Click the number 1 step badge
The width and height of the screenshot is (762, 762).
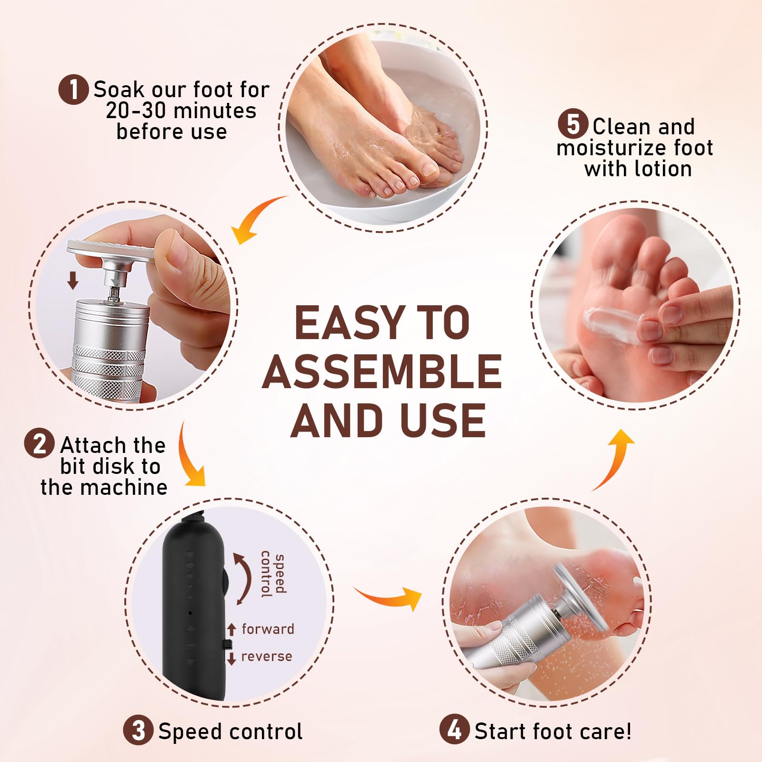[73, 90]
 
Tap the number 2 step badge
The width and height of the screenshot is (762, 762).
[39, 444]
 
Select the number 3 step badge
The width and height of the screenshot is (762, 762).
[138, 730]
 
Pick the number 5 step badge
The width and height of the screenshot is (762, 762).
[573, 125]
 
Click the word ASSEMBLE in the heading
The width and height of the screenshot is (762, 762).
[382, 371]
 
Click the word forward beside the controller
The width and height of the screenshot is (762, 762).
[268, 629]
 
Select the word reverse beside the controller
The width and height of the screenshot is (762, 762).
[266, 656]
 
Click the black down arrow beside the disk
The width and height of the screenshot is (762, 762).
[72, 281]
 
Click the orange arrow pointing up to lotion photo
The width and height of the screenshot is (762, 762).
[614, 457]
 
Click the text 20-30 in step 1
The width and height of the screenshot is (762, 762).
[136, 111]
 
